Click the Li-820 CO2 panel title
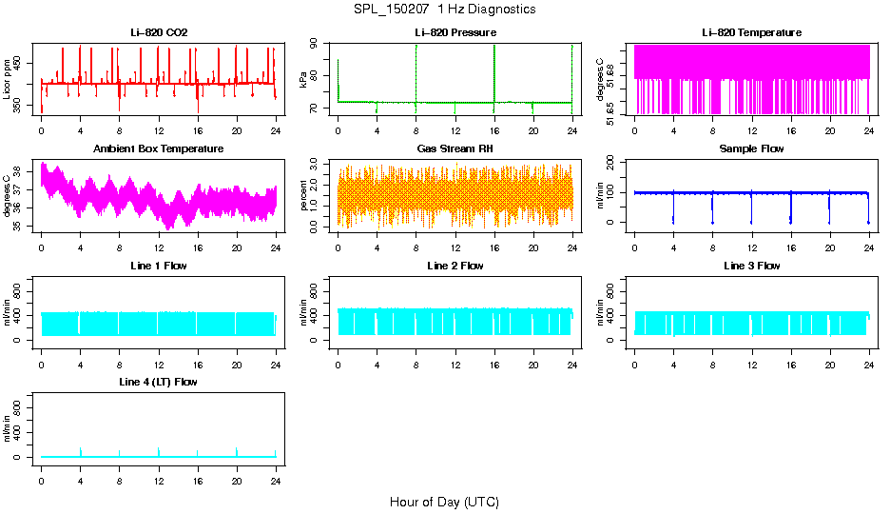click(x=159, y=33)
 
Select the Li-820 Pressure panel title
click(x=455, y=33)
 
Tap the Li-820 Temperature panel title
click(x=751, y=33)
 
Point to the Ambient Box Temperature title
click(x=159, y=149)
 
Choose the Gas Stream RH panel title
click(x=455, y=149)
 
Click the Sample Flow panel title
click(x=751, y=149)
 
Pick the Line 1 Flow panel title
click(x=159, y=266)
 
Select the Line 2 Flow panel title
click(x=455, y=266)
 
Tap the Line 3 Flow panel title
click(x=751, y=266)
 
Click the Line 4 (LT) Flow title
click(x=159, y=382)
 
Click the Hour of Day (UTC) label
click(x=444, y=502)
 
